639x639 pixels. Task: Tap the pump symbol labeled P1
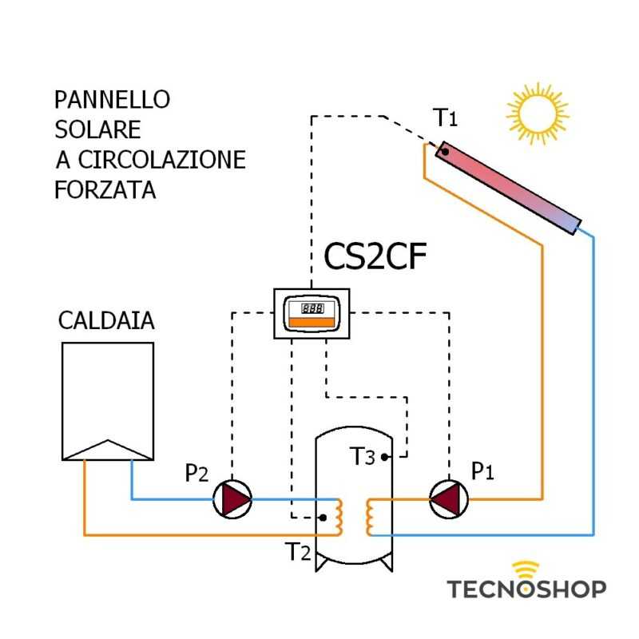click(x=447, y=499)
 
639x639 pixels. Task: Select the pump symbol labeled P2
click(x=232, y=499)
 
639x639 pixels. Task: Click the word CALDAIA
click(x=106, y=321)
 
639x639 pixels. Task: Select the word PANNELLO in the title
click(x=112, y=100)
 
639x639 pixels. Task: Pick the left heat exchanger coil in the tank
click(x=339, y=518)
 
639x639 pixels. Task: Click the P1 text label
click(x=482, y=472)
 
